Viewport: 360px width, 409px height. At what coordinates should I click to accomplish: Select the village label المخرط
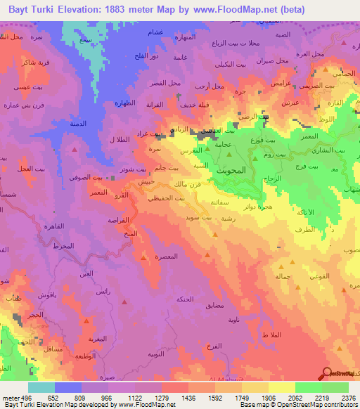click(63, 245)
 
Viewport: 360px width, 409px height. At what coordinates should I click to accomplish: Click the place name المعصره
click(165, 257)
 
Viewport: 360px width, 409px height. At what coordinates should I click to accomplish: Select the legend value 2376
click(348, 398)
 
